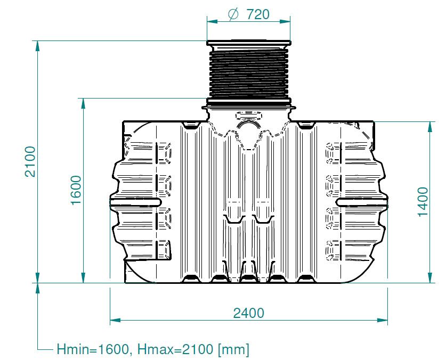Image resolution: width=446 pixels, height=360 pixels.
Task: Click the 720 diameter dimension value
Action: coord(258,14)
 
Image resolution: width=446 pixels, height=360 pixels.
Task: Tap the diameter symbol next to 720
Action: coord(233,14)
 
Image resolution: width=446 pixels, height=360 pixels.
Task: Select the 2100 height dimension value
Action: coord(30,161)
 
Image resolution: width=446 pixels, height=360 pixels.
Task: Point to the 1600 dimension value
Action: coord(76,190)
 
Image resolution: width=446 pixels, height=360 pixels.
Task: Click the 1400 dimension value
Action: coord(423,202)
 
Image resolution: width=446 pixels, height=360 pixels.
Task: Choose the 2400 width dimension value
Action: coord(249,313)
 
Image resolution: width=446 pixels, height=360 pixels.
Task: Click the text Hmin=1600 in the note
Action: coord(93,349)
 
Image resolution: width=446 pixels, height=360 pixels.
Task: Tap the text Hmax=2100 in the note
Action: coord(175,349)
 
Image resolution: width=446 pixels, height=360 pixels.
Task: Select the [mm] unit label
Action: coord(233,349)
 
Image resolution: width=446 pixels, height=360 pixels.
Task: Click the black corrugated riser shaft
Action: coord(249,73)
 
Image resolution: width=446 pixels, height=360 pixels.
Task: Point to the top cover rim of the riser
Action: coord(249,43)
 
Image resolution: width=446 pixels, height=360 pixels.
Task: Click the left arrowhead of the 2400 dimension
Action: coord(115,320)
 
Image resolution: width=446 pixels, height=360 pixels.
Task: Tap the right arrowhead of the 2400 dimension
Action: coord(382,320)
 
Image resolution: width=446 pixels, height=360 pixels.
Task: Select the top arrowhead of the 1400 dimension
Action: coord(430,127)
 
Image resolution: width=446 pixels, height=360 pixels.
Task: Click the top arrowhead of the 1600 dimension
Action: coord(83,103)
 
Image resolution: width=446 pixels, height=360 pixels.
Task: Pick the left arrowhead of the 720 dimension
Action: coord(212,21)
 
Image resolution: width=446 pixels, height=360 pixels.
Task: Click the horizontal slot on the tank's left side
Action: coord(135,202)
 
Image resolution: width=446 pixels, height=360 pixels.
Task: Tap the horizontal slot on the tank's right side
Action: coord(362,202)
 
